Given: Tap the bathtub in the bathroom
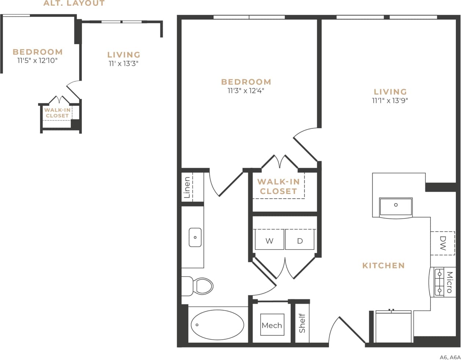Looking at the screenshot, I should [217, 325].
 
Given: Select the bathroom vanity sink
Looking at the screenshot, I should [195, 237].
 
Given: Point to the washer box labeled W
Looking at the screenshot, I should [269, 241].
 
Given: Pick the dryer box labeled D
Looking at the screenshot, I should [300, 241].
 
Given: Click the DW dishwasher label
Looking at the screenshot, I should [443, 243].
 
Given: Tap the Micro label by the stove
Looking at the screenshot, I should [449, 282].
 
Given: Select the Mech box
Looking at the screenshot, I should [272, 325].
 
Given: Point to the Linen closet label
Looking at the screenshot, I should [187, 187].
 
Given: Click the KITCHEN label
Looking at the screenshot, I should [383, 265].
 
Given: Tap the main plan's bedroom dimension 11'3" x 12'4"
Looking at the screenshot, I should [246, 91].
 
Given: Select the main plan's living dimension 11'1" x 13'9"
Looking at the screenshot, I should [390, 100].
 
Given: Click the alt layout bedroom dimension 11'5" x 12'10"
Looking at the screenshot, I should [37, 61].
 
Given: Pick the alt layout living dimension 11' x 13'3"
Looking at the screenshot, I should [124, 63].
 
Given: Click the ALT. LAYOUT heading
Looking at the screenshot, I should [74, 4].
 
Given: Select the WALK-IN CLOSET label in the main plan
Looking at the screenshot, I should [278, 186].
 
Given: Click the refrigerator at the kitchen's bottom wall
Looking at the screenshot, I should [393, 327].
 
